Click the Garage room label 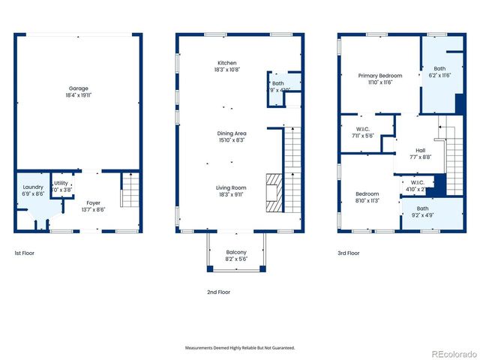tap(79, 88)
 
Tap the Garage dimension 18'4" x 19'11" tap(79, 95)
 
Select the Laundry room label tap(33, 187)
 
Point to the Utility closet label tap(61, 183)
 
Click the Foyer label tap(93, 202)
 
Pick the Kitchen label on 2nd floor tap(227, 63)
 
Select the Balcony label tap(236, 252)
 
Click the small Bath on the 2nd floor tap(278, 83)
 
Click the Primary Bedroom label tap(379, 76)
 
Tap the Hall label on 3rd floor tap(420, 150)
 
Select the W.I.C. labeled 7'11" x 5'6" tap(364, 129)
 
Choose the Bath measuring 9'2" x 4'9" tap(423, 208)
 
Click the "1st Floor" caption tap(25, 253)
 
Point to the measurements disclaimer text tap(240, 348)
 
